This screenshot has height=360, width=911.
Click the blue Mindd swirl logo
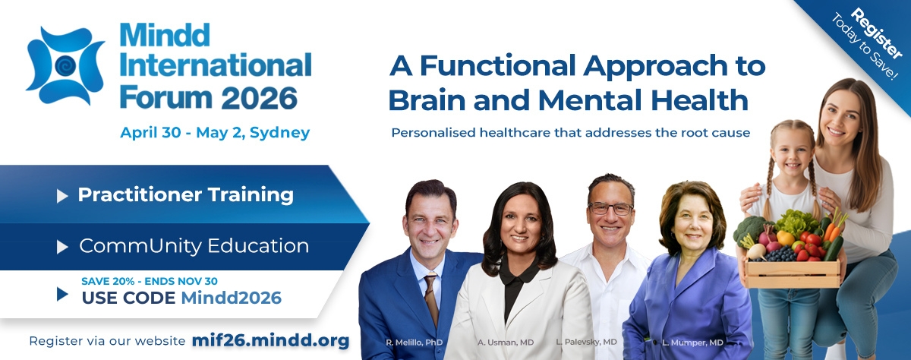pyautogui.click(x=65, y=66)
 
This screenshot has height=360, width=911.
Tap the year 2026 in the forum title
pyautogui.click(x=260, y=99)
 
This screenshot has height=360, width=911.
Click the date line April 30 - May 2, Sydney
pyautogui.click(x=215, y=133)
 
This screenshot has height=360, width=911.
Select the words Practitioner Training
pyautogui.click(x=185, y=194)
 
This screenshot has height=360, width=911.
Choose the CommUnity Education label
pyautogui.click(x=194, y=245)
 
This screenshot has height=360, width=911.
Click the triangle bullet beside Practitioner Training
pyautogui.click(x=61, y=196)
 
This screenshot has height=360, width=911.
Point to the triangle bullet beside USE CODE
pyautogui.click(x=61, y=294)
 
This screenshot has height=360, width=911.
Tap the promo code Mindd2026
pyautogui.click(x=231, y=298)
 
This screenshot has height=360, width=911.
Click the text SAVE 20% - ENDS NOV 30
pyautogui.click(x=150, y=281)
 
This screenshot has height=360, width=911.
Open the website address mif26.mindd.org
pyautogui.click(x=270, y=340)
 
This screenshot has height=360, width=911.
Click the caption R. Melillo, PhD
pyautogui.click(x=414, y=343)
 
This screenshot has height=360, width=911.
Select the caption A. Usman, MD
pyautogui.click(x=506, y=343)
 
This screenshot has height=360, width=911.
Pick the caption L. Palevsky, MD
pyautogui.click(x=586, y=342)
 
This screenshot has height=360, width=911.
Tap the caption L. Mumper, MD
pyautogui.click(x=692, y=343)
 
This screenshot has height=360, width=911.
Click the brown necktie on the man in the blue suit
pyautogui.click(x=431, y=299)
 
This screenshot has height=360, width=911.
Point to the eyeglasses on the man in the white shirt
pyautogui.click(x=611, y=209)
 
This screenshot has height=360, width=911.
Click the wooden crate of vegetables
pyautogui.click(x=793, y=273)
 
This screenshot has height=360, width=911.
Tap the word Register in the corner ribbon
pyautogui.click(x=877, y=33)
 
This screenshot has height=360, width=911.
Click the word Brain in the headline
pyautogui.click(x=427, y=100)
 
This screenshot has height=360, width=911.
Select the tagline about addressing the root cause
pyautogui.click(x=571, y=133)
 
